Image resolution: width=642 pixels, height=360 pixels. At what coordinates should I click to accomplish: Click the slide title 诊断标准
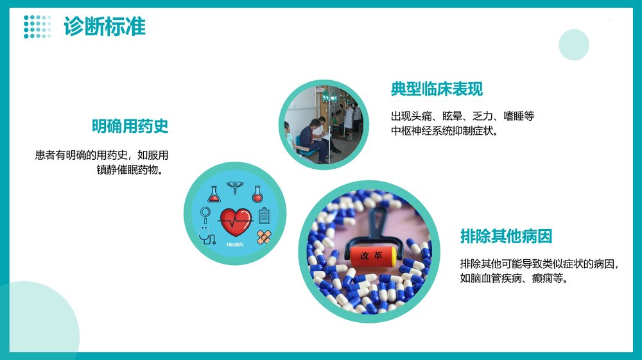point(105,27)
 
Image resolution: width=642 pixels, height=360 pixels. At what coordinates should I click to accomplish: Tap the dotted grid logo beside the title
point(37,27)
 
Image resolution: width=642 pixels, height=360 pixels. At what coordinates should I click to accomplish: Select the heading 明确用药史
point(130,126)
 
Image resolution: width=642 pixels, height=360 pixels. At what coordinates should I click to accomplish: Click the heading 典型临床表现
point(437,89)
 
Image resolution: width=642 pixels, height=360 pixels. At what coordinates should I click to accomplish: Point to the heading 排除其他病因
point(506,236)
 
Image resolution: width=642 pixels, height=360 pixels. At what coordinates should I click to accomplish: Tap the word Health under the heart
point(235,244)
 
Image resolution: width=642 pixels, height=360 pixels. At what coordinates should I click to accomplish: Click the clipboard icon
point(265,215)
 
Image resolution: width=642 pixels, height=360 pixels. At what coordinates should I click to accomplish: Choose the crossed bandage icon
point(263,237)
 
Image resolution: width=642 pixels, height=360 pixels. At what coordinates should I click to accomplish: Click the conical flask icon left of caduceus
point(214,194)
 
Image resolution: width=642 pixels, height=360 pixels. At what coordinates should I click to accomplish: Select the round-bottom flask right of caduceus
point(257,193)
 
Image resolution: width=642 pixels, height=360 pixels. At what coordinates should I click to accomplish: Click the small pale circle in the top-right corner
point(573,45)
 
